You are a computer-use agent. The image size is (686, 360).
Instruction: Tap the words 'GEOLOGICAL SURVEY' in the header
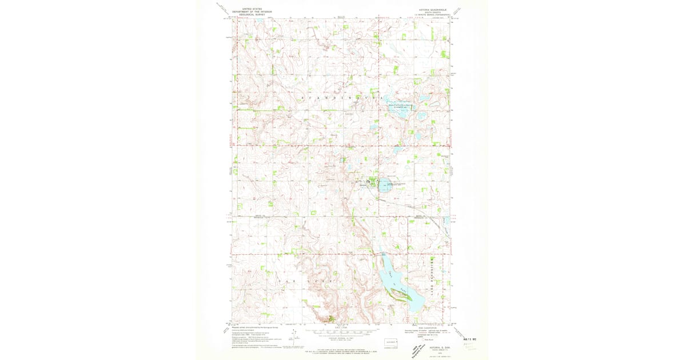(253, 15)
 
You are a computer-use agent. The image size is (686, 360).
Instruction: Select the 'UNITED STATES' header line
(253, 9)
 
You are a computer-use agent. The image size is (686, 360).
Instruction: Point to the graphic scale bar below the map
(343, 330)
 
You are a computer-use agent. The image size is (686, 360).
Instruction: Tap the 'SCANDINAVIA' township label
(343, 98)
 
